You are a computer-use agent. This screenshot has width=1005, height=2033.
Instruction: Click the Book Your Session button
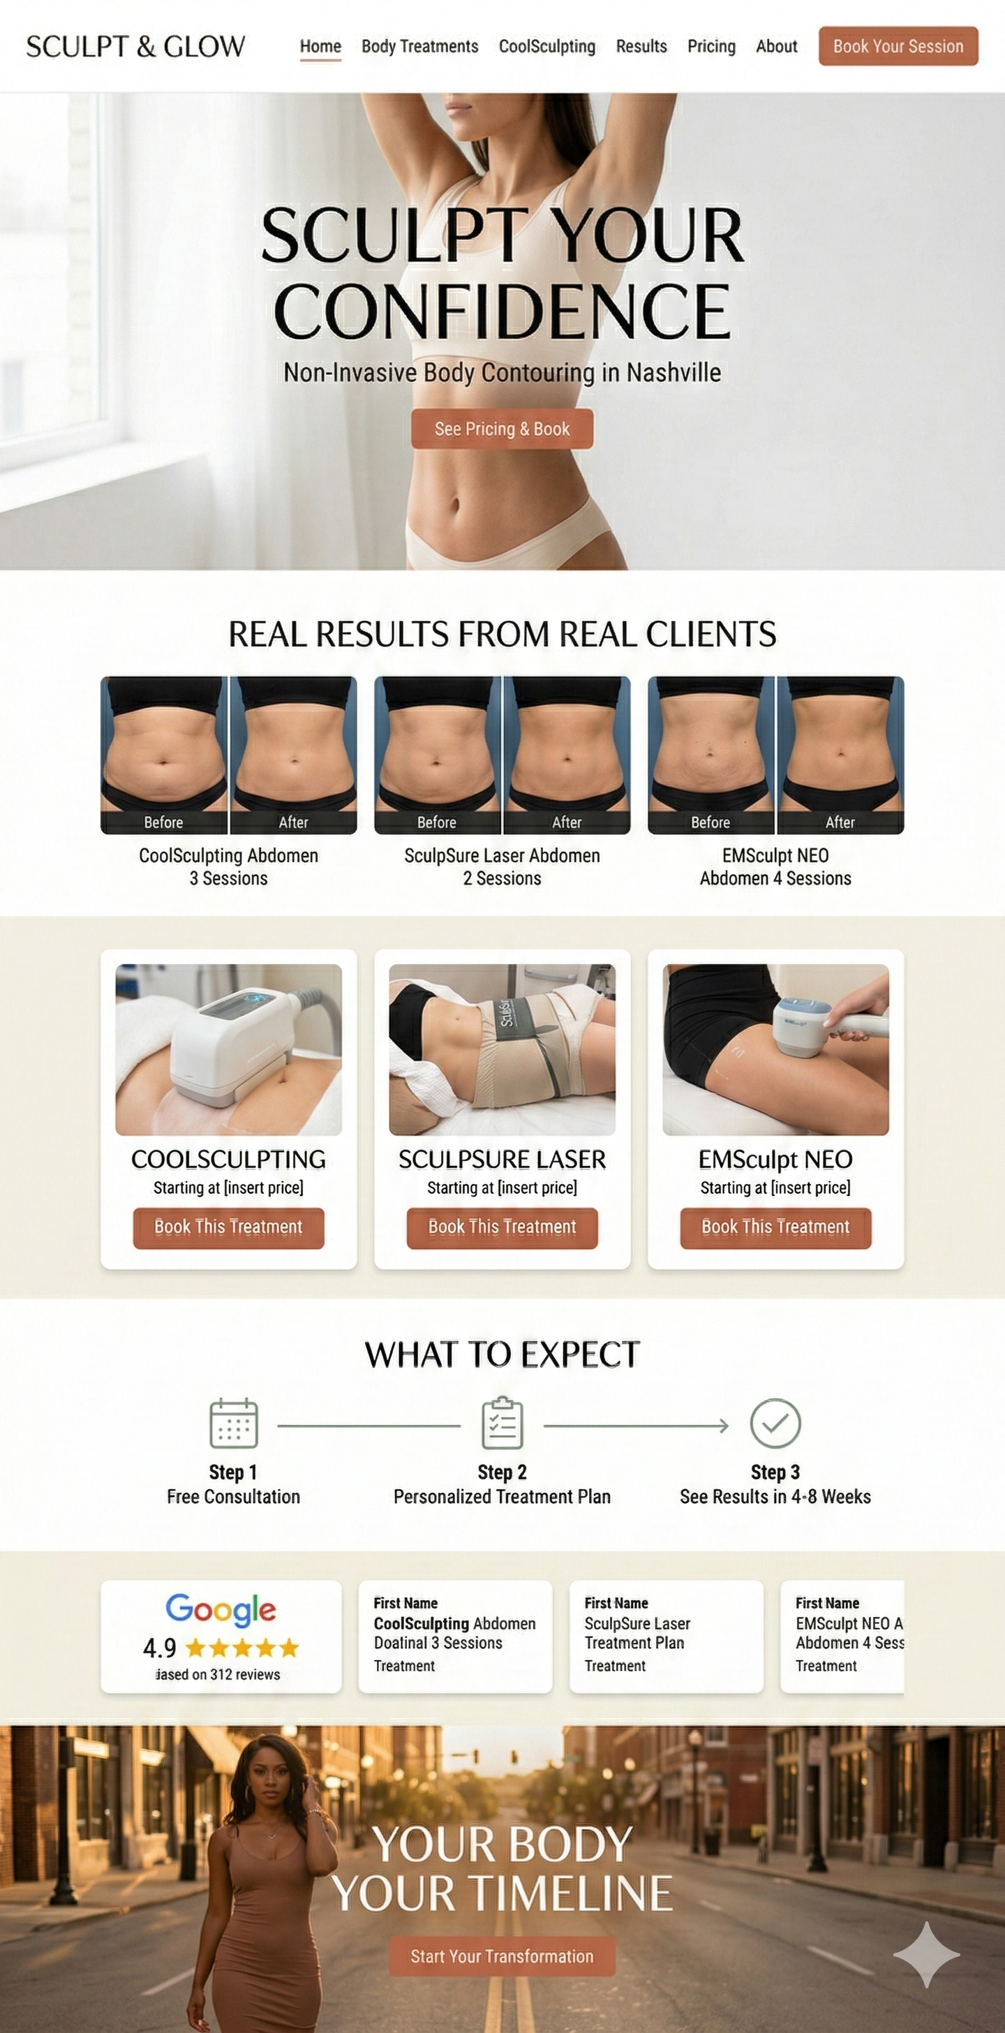pyautogui.click(x=898, y=46)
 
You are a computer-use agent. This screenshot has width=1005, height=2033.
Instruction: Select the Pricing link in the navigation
pyautogui.click(x=710, y=47)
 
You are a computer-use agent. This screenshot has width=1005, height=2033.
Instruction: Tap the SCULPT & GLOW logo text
pyautogui.click(x=135, y=47)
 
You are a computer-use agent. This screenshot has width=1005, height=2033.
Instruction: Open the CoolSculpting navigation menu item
pyautogui.click(x=546, y=47)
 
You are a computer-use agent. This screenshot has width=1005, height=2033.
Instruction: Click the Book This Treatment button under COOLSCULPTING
pyautogui.click(x=228, y=1227)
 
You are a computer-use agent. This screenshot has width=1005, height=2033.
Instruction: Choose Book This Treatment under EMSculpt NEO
pyautogui.click(x=775, y=1227)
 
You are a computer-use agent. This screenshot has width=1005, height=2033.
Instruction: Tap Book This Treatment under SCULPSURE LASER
pyautogui.click(x=502, y=1227)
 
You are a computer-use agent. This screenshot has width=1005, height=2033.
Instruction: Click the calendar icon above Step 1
pyautogui.click(x=234, y=1423)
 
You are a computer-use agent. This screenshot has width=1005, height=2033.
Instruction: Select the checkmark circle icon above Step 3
pyautogui.click(x=775, y=1423)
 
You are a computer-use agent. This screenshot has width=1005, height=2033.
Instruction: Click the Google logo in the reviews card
pyautogui.click(x=220, y=1609)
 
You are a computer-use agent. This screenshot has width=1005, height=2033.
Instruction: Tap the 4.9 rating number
pyautogui.click(x=159, y=1648)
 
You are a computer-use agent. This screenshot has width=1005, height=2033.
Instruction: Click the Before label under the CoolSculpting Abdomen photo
pyautogui.click(x=163, y=822)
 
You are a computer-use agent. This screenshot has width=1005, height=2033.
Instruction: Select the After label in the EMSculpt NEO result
pyautogui.click(x=840, y=822)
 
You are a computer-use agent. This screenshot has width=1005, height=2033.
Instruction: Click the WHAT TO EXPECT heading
pyautogui.click(x=502, y=1354)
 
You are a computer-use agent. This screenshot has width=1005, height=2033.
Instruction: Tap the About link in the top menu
pyautogui.click(x=776, y=47)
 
